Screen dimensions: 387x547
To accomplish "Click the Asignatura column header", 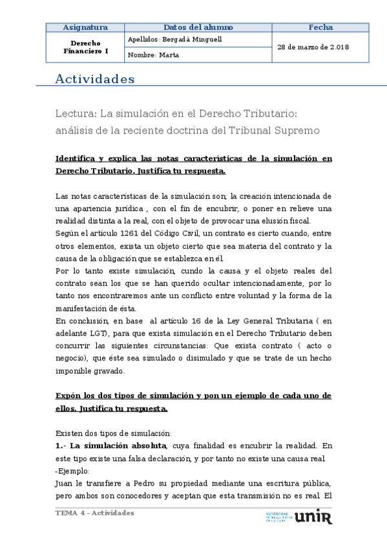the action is point(85,27).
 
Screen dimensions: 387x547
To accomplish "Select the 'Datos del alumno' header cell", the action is point(198,27).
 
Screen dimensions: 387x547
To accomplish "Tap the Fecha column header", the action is point(320,27).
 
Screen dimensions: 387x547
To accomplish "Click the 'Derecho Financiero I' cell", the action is point(85,47).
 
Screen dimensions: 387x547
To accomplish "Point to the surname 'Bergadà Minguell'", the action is point(193,39).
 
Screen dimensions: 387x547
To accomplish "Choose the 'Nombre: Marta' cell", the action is point(154,55).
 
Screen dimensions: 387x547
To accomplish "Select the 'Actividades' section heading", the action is point(95,79).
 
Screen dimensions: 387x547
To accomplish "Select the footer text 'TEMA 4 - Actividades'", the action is point(95,513).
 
